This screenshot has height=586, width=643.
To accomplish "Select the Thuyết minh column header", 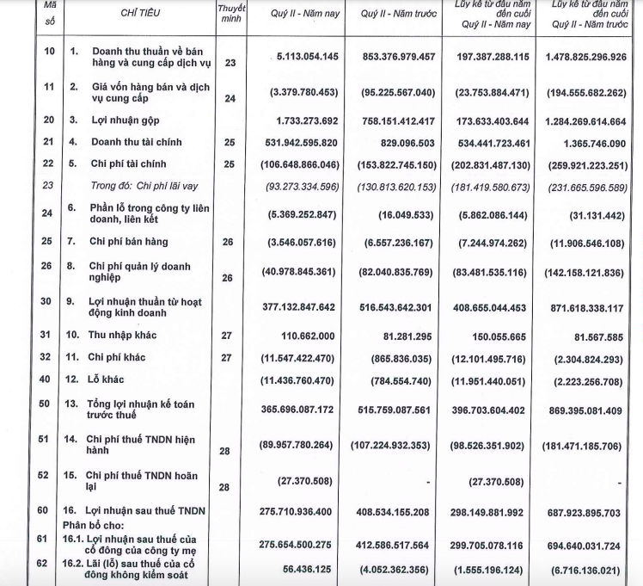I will [230, 14].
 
